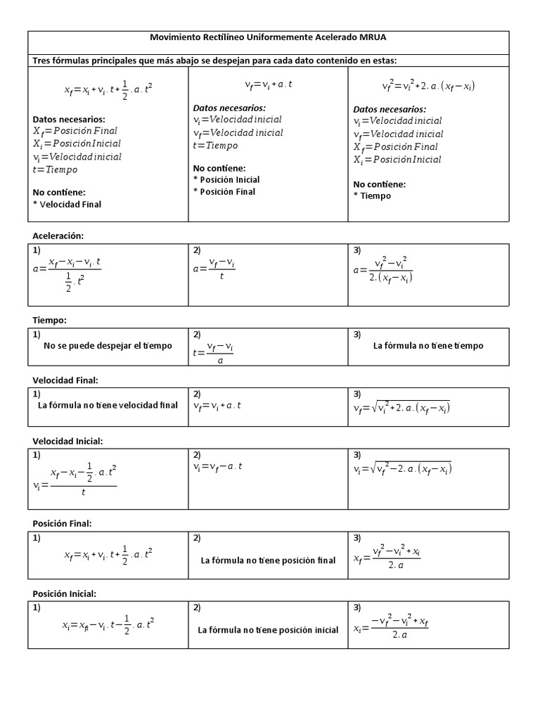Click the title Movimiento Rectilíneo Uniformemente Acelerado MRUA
coord(269,37)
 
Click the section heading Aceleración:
coord(63,236)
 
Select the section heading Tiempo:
coord(50,320)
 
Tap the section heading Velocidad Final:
coord(65,380)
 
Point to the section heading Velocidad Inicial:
coord(68,441)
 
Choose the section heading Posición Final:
coord(63,524)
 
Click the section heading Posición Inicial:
coord(65,594)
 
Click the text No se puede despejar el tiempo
coord(108,346)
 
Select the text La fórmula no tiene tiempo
coord(428,346)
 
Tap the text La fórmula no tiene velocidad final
coord(108,406)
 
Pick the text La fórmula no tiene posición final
coord(268,560)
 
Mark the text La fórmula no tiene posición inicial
coord(268,630)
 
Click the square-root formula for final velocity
coord(401,407)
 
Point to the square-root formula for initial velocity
coord(401,468)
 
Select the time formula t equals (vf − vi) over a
coord(213,353)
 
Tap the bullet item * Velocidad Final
coord(67,205)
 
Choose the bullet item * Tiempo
coord(372,196)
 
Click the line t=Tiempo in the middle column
coord(215,146)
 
